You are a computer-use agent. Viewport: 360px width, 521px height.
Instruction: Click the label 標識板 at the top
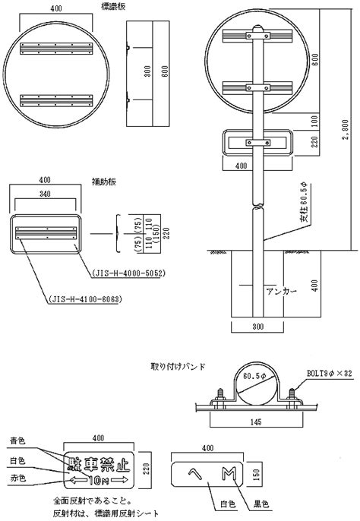[114, 6]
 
